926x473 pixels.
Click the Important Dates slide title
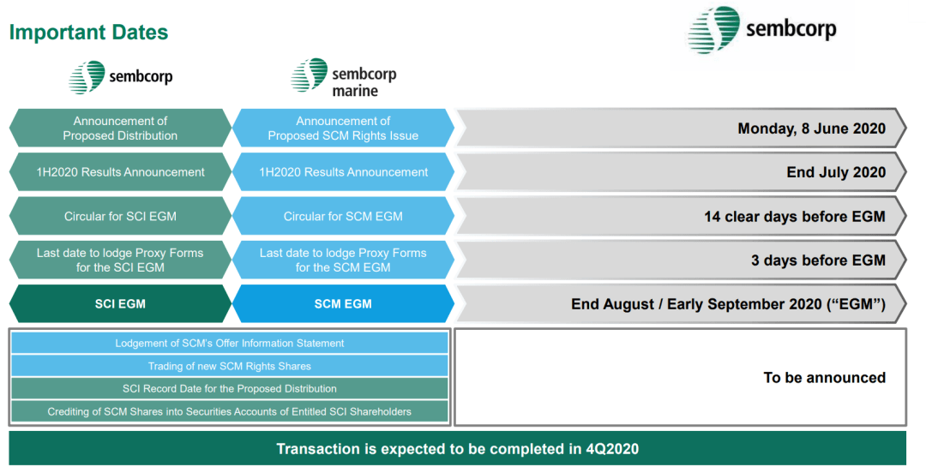point(88,32)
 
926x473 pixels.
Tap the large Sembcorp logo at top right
point(762,30)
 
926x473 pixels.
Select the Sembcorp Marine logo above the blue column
point(343,77)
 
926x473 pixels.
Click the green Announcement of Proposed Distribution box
point(121,129)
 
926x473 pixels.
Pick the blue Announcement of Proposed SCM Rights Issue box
point(343,129)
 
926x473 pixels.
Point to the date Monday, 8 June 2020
point(811,129)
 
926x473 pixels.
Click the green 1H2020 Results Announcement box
point(121,172)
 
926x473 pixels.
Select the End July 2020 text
point(836,172)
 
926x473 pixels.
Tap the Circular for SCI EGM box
point(121,216)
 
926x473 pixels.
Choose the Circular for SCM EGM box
point(343,216)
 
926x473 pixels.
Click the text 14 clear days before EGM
point(794,217)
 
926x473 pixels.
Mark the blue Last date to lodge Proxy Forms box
point(343,260)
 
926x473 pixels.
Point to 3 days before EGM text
point(818,260)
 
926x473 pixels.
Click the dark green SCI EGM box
point(121,304)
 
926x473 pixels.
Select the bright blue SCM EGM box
point(343,304)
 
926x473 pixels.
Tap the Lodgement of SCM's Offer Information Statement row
point(230,343)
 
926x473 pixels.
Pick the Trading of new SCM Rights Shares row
point(230,366)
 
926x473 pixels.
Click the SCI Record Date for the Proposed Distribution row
point(230,388)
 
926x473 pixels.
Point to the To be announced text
point(825,378)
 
